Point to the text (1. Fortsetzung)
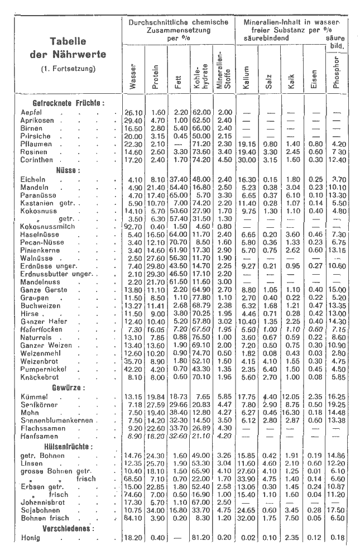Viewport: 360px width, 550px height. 66,69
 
